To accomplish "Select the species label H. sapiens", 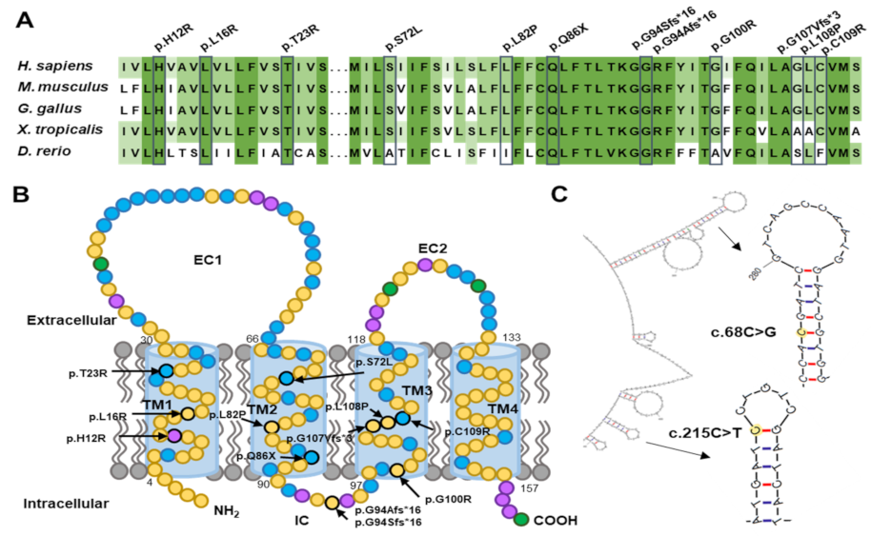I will pos(55,66).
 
